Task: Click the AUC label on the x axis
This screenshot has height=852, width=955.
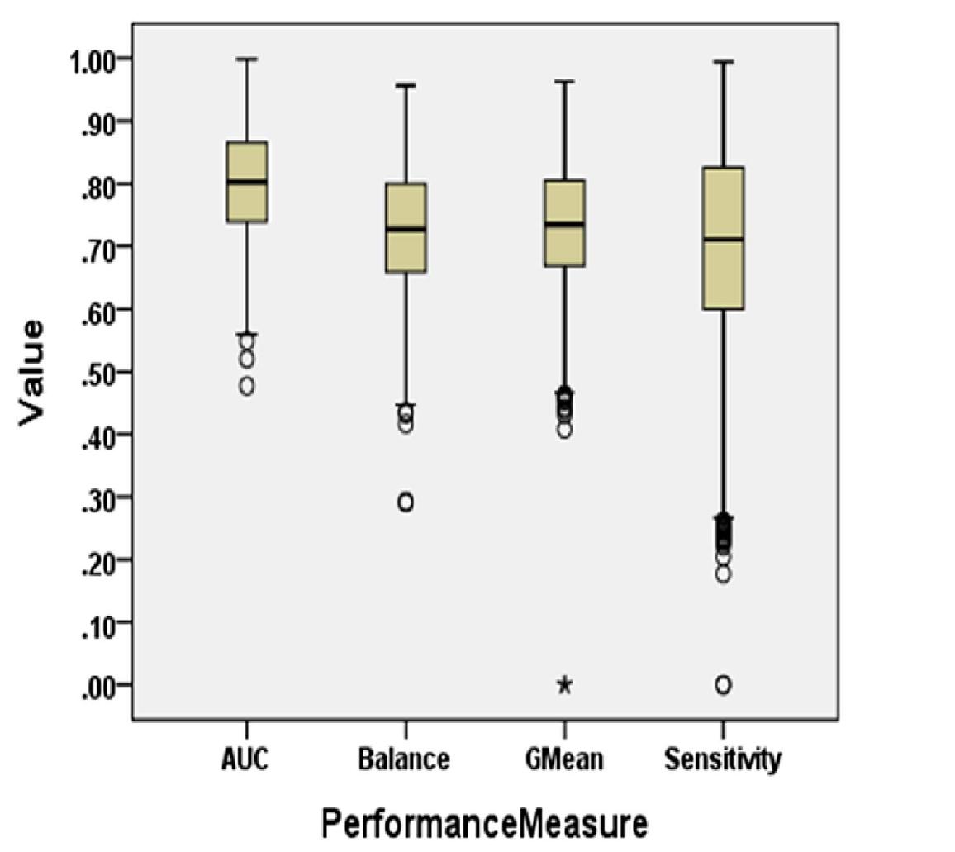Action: [x=246, y=759]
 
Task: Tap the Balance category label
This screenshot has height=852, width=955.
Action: [x=405, y=759]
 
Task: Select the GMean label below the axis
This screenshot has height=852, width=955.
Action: [x=564, y=759]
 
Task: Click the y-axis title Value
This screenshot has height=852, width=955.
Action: [x=31, y=373]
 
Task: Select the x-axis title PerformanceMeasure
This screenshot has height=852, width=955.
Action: [x=484, y=825]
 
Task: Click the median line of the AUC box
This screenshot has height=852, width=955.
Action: [x=247, y=182]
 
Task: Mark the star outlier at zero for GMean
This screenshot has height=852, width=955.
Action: [x=564, y=684]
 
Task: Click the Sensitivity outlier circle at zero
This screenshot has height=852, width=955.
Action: [x=723, y=684]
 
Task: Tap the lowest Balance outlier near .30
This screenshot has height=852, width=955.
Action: [x=406, y=502]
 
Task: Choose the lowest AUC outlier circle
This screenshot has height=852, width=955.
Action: [x=247, y=386]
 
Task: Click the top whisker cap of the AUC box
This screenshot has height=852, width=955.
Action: [x=247, y=59]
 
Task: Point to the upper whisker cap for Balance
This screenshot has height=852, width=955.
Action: [x=406, y=85]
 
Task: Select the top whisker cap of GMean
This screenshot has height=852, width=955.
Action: [x=564, y=82]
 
